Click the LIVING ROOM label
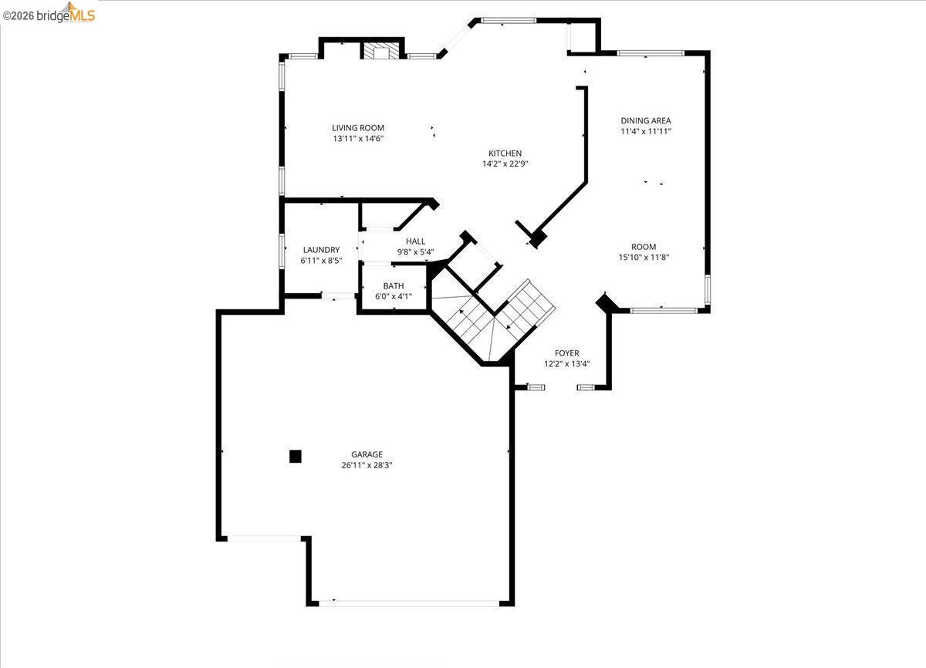click(358, 128)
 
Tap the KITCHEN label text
click(505, 154)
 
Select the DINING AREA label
click(646, 120)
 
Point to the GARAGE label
click(367, 454)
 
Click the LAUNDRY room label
click(321, 250)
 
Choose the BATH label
click(394, 286)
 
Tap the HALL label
click(415, 241)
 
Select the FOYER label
click(566, 353)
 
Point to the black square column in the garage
click(295, 456)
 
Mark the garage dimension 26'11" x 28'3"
click(367, 465)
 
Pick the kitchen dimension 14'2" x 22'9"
click(505, 164)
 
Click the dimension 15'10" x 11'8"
click(644, 258)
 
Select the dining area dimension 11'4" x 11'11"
click(646, 131)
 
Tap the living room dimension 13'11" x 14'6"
click(358, 139)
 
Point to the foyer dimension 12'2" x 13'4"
click(566, 364)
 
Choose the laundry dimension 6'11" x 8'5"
click(321, 261)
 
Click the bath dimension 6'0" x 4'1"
click(394, 296)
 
